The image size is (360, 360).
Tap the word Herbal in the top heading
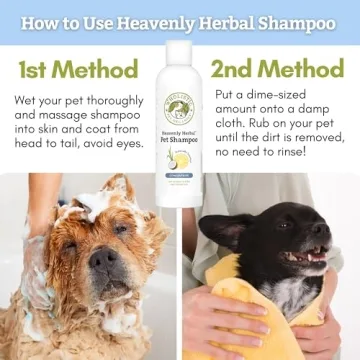coord(222,21)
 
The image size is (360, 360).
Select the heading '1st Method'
coord(77,69)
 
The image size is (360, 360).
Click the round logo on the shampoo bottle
coord(180,108)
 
